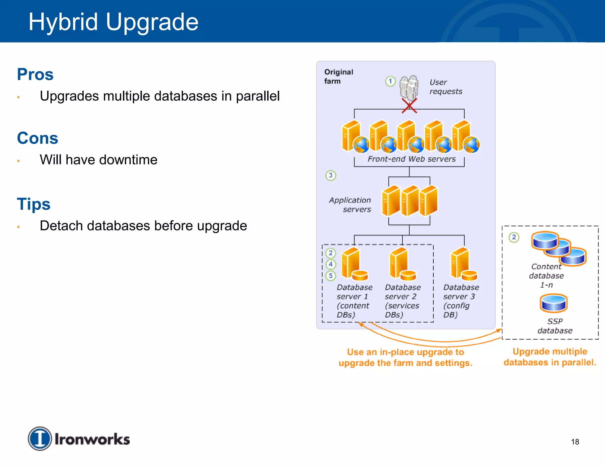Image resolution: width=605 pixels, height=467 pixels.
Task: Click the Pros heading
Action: pyautogui.click(x=35, y=74)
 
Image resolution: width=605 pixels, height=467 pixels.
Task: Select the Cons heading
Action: pyautogui.click(x=38, y=138)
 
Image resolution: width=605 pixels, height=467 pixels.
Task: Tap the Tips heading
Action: pyautogui.click(x=34, y=204)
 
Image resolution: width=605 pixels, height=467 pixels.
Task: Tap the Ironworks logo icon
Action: pyautogui.click(x=40, y=439)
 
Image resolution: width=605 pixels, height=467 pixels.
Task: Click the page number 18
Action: pyautogui.click(x=575, y=442)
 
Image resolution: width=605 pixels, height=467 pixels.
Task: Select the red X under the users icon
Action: pyautogui.click(x=409, y=106)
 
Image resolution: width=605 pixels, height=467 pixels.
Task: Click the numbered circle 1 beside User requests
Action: pyautogui.click(x=390, y=81)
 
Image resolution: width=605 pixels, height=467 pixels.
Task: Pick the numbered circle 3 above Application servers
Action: pyautogui.click(x=331, y=175)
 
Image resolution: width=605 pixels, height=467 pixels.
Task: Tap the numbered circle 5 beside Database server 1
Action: pyautogui.click(x=331, y=276)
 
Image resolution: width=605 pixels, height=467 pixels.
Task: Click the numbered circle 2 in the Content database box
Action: pyautogui.click(x=514, y=237)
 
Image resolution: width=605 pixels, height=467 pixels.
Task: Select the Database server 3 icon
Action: pyautogui.click(x=463, y=264)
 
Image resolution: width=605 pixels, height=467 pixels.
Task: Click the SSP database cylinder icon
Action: pyautogui.click(x=554, y=303)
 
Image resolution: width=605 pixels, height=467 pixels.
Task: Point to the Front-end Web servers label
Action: pyautogui.click(x=412, y=159)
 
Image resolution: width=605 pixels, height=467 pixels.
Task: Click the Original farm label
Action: pyautogui.click(x=338, y=76)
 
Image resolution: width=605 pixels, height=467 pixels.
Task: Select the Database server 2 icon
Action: pyautogui.click(x=402, y=264)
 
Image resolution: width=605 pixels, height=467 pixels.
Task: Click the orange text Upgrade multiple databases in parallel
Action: pyautogui.click(x=550, y=357)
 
